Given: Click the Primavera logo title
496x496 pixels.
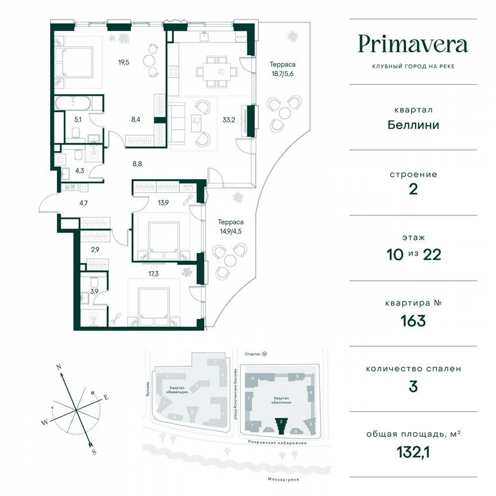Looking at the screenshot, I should [413, 44].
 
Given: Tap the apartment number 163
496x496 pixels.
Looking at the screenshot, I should [413, 320].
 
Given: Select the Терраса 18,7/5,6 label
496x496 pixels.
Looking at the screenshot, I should [282, 70].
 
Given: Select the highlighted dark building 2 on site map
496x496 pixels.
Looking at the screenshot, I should [281, 425].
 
